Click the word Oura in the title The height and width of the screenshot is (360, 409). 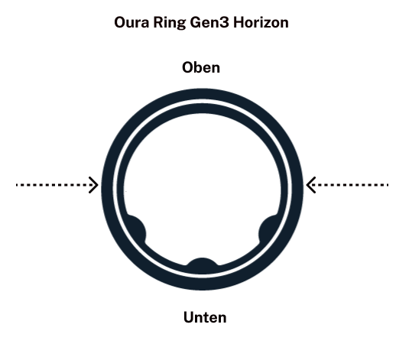coord(131,22)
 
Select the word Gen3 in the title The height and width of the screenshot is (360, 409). coord(209,23)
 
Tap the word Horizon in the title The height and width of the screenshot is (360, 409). coord(261,22)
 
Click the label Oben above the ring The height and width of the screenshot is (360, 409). coord(201,67)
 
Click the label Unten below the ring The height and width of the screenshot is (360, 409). coord(205,317)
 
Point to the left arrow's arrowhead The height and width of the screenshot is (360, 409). coord(93,185)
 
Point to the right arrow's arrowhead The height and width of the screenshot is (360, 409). coord(311,185)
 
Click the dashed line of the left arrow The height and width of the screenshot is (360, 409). coord(55,185)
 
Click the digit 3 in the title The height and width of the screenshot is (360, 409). coord(225,23)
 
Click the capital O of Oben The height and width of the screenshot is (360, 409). coord(187,68)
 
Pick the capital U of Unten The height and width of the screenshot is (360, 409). coord(189,317)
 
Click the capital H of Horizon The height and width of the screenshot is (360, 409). coord(239,23)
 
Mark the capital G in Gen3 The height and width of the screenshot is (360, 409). coord(195,23)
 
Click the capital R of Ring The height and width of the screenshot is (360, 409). coord(158,23)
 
